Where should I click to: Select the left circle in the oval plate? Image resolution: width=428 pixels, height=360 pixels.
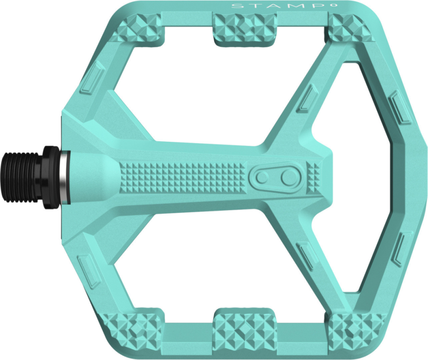[x=262, y=176]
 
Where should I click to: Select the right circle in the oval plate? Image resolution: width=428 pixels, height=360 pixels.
[x=290, y=176]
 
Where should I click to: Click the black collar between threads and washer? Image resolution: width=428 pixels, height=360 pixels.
[x=51, y=176]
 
